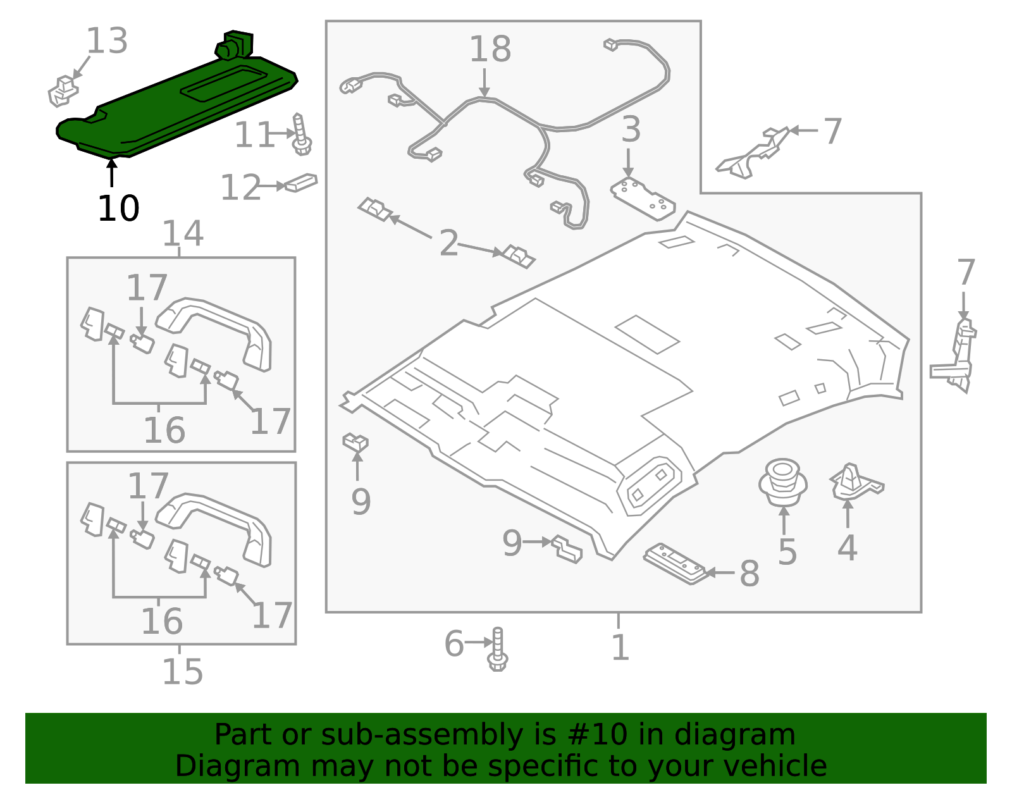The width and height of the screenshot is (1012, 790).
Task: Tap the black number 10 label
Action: (118, 209)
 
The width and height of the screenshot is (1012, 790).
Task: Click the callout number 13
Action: (106, 41)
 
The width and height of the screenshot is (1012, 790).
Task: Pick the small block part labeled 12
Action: (301, 183)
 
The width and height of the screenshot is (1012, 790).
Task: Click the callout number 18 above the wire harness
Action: (490, 49)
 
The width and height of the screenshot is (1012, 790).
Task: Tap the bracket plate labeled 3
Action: (642, 199)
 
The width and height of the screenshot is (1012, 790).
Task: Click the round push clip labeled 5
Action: (783, 483)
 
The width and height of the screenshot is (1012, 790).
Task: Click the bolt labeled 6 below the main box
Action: (498, 650)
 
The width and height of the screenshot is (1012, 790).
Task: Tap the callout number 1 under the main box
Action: (620, 648)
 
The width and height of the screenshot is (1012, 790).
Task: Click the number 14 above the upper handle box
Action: (183, 233)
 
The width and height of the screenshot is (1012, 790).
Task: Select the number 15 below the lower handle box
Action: (182, 672)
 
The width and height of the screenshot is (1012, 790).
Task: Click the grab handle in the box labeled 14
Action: (215, 329)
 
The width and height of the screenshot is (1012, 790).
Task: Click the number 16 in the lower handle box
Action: (162, 621)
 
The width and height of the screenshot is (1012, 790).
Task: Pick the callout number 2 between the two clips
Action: (448, 244)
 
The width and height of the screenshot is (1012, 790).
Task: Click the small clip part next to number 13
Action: (63, 91)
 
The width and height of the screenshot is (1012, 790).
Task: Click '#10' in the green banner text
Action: (597, 735)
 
